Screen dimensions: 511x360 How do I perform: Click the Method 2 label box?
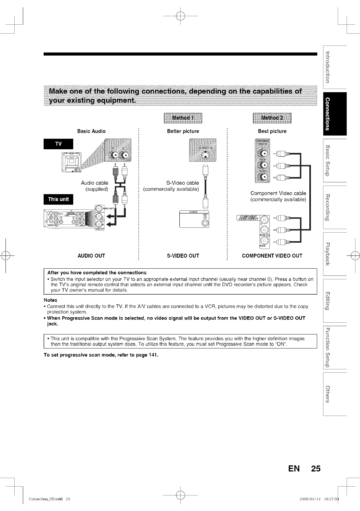pyautogui.click(x=272, y=118)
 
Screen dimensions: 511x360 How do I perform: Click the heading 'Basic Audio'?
pyautogui.click(x=91, y=131)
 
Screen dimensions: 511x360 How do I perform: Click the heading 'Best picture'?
pyautogui.click(x=272, y=131)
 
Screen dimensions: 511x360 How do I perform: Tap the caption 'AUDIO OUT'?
pyautogui.click(x=91, y=256)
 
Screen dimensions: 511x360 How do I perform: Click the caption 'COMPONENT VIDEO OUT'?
pyautogui.click(x=272, y=256)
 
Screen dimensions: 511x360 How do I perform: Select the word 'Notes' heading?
pyautogui.click(x=50, y=300)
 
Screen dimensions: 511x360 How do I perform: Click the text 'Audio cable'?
pyautogui.click(x=94, y=183)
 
